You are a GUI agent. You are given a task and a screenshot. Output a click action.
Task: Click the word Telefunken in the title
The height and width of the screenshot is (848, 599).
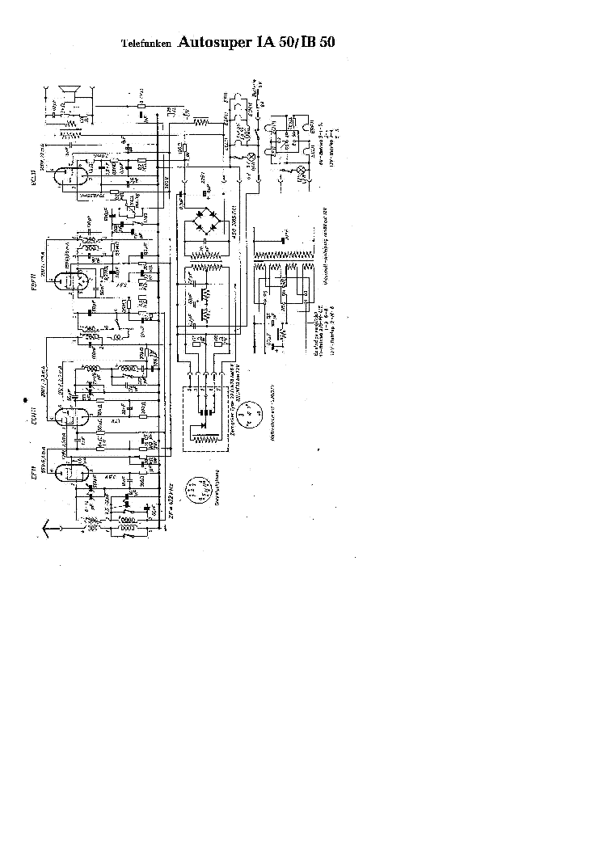[x=146, y=45]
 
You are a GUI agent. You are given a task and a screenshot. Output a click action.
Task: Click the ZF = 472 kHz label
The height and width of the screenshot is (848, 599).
[x=172, y=505]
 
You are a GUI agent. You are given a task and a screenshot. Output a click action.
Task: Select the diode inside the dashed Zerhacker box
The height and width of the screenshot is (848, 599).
[x=208, y=418]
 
